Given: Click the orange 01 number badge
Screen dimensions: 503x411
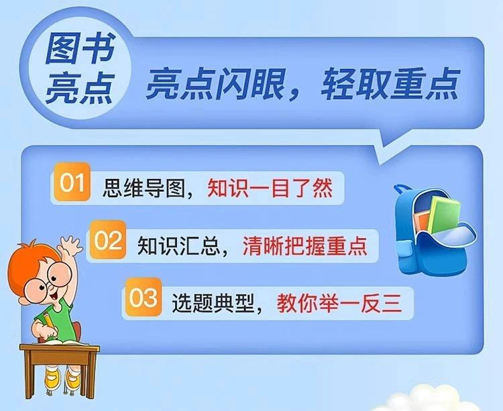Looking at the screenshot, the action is click(x=72, y=182).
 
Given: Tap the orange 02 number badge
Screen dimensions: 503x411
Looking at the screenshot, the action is click(x=107, y=240).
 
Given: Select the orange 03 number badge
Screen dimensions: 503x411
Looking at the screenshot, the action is click(x=143, y=298).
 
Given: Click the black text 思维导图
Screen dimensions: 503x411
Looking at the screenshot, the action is click(x=144, y=188).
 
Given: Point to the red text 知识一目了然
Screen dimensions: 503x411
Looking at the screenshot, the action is click(x=270, y=188).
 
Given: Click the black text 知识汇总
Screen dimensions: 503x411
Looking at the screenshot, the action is click(x=179, y=246).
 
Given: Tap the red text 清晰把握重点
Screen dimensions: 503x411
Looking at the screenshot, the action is click(x=304, y=246).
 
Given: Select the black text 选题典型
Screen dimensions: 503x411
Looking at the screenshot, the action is click(x=214, y=303).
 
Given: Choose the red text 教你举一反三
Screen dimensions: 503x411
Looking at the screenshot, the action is click(x=339, y=303).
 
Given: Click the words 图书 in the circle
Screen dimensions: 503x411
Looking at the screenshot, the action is click(x=80, y=48).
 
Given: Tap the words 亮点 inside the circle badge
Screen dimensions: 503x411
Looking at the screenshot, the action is click(x=80, y=87).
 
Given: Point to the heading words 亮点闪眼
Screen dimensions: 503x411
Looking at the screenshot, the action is click(x=215, y=84).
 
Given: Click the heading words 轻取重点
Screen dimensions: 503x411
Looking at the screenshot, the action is click(x=390, y=84).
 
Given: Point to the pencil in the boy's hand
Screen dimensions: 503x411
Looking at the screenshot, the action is click(x=50, y=324).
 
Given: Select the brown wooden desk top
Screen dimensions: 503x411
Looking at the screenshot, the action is click(x=59, y=348).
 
